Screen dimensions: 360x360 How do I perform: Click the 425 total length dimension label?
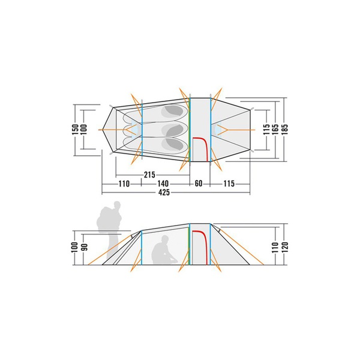coord(164,192)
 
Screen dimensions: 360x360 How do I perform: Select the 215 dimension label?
coord(149,175)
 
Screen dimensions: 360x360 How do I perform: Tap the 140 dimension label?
coord(163,184)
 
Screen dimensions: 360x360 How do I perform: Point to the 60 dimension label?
coord(199,184)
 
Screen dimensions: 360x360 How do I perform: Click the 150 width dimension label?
coord(76,130)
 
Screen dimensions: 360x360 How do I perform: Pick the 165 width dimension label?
coord(275,130)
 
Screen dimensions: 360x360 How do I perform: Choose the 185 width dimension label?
coord(284,130)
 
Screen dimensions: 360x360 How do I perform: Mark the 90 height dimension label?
coord(85,247)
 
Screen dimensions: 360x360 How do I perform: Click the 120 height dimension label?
coord(284,247)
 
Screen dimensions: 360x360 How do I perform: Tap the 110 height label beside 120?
coord(275,247)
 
